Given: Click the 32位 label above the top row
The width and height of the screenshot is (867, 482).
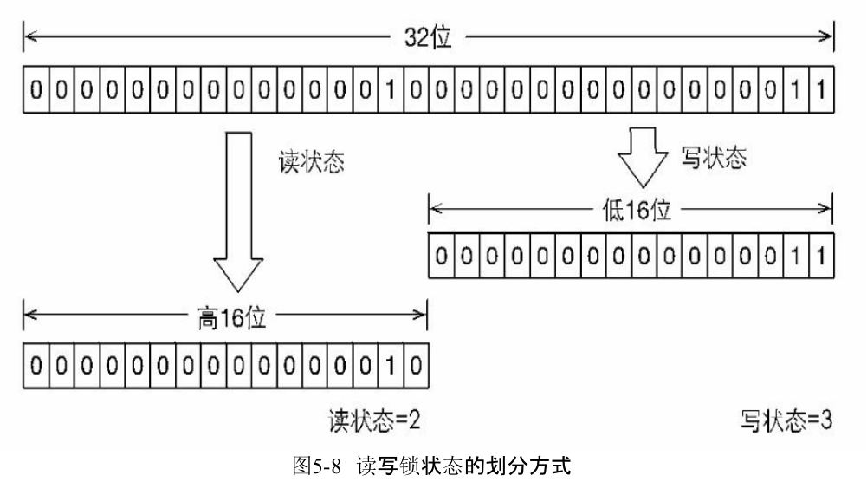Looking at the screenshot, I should click(429, 38).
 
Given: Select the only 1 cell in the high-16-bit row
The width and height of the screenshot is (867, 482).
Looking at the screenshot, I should click(391, 361).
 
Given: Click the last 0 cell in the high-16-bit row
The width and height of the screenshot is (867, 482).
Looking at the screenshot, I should click(416, 361).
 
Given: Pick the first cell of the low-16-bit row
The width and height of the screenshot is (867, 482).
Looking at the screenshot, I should click(441, 256).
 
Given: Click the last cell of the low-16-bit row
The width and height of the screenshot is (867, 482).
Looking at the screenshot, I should click(820, 256).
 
